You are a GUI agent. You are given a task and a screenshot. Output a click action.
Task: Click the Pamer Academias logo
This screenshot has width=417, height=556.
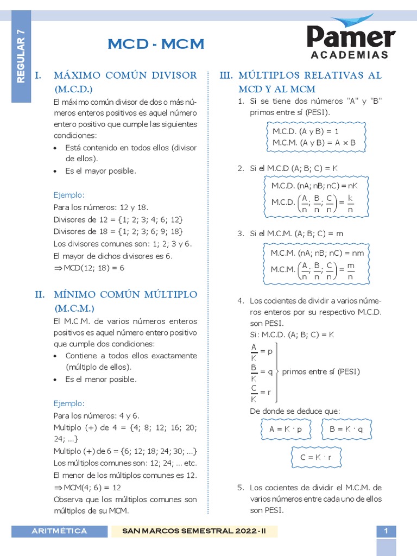pyautogui.click(x=351, y=38)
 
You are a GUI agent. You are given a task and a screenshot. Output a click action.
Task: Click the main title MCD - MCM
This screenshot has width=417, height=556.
pyautogui.click(x=156, y=44)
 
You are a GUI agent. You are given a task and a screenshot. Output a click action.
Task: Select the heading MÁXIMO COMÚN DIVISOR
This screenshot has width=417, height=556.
pyautogui.click(x=125, y=75)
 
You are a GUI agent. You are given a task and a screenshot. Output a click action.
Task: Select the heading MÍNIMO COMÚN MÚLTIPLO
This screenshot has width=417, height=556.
pyautogui.click(x=125, y=294)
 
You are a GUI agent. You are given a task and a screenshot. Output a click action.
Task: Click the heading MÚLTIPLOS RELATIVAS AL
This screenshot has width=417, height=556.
pyautogui.click(x=309, y=75)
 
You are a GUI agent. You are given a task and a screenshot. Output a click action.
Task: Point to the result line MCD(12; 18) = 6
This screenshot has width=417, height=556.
pyautogui.click(x=90, y=268)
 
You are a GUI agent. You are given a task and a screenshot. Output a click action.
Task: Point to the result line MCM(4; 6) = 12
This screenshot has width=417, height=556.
pyautogui.click(x=87, y=488)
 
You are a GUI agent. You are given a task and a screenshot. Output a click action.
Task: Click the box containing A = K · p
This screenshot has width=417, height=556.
pyautogui.click(x=285, y=428)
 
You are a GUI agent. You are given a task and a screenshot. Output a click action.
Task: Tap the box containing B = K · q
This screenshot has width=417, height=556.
pyautogui.click(x=346, y=428)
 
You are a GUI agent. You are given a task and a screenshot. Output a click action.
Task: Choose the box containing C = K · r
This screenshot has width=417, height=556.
pyautogui.click(x=315, y=458)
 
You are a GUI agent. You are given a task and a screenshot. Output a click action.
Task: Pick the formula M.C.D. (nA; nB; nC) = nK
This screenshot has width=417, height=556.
pyautogui.click(x=314, y=186)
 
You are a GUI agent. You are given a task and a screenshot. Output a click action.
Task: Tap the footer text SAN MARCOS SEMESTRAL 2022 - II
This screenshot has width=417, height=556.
pyautogui.click(x=194, y=531)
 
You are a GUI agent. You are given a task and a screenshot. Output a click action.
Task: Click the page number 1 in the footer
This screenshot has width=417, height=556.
pyautogui.click(x=386, y=531)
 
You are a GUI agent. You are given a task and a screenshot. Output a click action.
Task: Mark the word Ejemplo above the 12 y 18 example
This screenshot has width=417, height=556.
pyautogui.click(x=69, y=194)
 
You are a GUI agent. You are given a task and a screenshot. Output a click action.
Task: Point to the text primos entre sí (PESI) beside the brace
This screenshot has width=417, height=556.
pyautogui.click(x=321, y=372)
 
